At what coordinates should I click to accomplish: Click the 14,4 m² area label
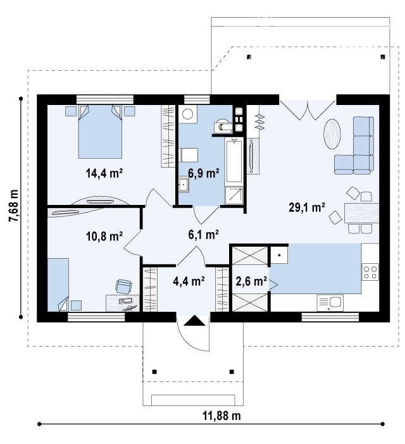104,173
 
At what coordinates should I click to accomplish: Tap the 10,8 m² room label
104,236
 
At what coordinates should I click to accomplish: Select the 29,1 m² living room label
307,207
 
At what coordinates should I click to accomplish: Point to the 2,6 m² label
251,281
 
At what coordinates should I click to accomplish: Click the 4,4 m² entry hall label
189,281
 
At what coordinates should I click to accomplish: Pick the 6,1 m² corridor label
204,235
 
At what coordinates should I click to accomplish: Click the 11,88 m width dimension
221,416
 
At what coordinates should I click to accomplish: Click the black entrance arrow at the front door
194,321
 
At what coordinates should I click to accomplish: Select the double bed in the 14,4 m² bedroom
100,132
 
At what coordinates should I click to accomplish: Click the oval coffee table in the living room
332,133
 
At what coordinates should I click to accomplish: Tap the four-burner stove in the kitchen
370,272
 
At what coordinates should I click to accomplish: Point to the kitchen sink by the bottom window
330,303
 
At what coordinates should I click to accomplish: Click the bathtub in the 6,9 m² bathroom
234,160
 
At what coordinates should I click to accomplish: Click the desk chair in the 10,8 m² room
123,287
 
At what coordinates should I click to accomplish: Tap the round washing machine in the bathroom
187,114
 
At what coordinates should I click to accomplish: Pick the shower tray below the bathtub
234,195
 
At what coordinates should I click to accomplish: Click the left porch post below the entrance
154,372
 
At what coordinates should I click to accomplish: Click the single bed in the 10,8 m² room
58,285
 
